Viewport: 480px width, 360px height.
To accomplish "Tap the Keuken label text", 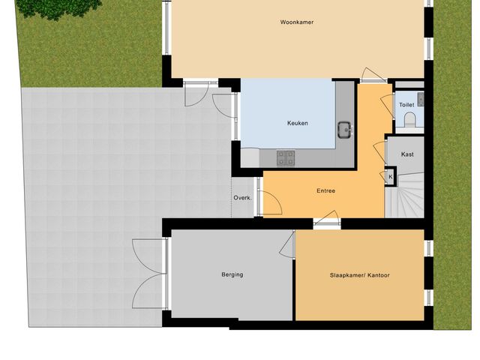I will [x=297, y=124].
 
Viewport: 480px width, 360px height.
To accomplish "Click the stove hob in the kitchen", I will [x=286, y=157].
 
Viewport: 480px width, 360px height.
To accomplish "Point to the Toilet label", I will [x=406, y=105].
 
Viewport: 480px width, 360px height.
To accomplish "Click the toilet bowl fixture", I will [x=410, y=118].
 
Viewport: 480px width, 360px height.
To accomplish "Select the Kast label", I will [x=407, y=154].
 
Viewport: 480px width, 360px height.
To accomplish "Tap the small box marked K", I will [x=390, y=177].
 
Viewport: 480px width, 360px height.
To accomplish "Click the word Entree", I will [x=325, y=191].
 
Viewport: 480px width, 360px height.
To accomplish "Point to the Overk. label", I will [x=241, y=198].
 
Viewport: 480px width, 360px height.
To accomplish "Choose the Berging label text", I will [x=232, y=274].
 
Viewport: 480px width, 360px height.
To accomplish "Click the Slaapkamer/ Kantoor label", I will [x=359, y=275].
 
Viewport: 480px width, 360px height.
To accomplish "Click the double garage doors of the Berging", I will [x=149, y=274].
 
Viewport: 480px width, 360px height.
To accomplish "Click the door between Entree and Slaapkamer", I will [x=326, y=220].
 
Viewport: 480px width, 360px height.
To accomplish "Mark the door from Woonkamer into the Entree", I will [x=371, y=76].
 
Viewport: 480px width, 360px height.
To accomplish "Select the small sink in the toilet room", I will [x=421, y=97].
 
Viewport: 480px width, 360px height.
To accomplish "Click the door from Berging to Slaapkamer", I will [x=289, y=243].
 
